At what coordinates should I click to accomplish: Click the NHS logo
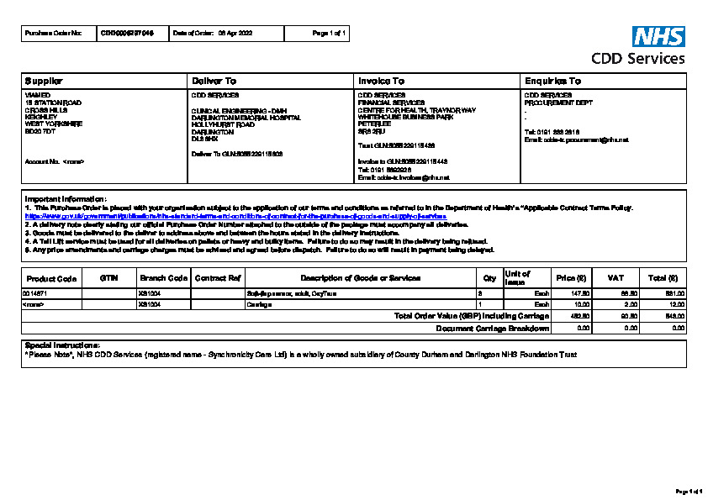[658, 36]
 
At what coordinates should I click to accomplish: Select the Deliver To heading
[214, 81]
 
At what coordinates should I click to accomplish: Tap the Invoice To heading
[381, 81]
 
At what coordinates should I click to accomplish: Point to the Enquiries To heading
[552, 81]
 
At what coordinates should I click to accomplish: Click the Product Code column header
[51, 278]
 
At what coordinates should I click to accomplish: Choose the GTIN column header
[108, 277]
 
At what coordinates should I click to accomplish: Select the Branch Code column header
[163, 277]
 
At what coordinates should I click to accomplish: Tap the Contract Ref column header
[218, 277]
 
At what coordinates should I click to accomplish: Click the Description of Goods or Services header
[360, 277]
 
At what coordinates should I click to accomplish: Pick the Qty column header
[489, 277]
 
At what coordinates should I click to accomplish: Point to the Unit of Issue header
[516, 278]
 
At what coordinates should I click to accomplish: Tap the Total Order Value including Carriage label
[472, 316]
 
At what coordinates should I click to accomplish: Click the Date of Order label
[192, 33]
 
